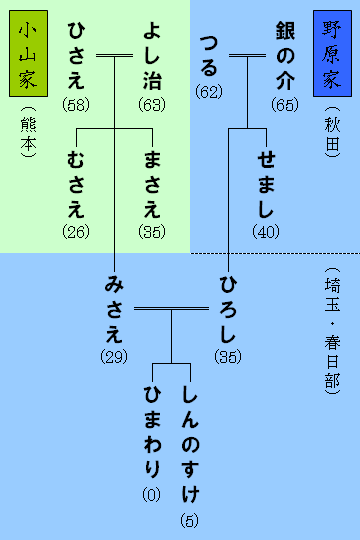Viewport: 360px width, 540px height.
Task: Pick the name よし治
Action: [x=152, y=56]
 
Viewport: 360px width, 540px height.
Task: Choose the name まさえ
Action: [x=153, y=186]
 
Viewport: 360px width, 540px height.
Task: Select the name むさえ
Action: [x=76, y=186]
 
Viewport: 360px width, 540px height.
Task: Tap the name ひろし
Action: [x=228, y=308]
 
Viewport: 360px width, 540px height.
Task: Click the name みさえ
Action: [x=114, y=308]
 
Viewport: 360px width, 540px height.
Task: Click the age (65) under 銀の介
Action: [x=284, y=104]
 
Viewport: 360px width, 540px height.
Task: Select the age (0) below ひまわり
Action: [x=152, y=495]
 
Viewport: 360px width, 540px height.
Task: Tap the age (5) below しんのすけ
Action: [x=190, y=520]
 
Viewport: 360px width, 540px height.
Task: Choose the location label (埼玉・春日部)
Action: [x=331, y=330]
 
